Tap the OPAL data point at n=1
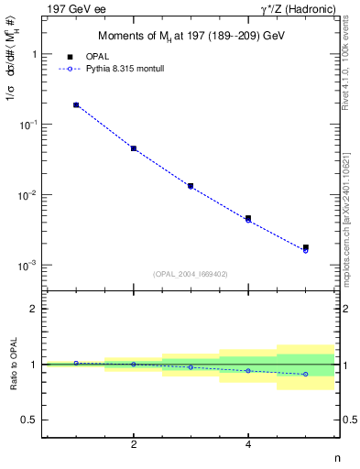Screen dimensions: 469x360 pos(76,105)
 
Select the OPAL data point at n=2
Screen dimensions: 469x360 pos(134,148)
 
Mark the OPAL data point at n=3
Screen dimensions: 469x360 pos(191,186)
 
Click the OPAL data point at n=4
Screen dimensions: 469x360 pos(248,218)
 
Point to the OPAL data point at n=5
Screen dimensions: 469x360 pos(306,247)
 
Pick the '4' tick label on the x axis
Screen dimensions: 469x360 pos(248,444)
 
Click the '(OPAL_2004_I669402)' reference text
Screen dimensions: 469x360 pos(191,273)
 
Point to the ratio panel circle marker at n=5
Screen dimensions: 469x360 pos(306,374)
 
